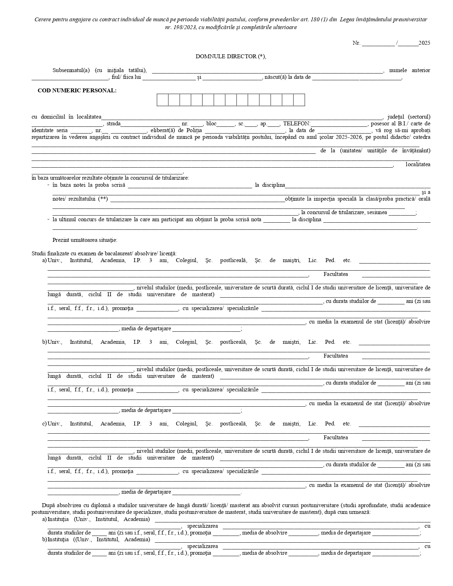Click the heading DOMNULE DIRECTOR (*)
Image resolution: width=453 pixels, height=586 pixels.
[231, 56]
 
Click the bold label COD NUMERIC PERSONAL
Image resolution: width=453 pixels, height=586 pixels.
[77, 91]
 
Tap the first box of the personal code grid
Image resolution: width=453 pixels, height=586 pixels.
[163, 100]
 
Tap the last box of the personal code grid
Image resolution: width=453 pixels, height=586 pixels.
[299, 100]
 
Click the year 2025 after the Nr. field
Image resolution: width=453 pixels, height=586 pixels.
[424, 43]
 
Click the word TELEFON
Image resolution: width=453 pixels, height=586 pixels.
[296, 124]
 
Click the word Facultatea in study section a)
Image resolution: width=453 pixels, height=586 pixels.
[336, 274]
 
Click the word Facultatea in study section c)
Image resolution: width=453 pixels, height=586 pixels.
[336, 438]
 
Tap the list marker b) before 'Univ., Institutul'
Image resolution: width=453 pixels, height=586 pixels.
[44, 342]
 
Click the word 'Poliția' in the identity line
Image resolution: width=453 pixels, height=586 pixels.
[192, 131]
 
